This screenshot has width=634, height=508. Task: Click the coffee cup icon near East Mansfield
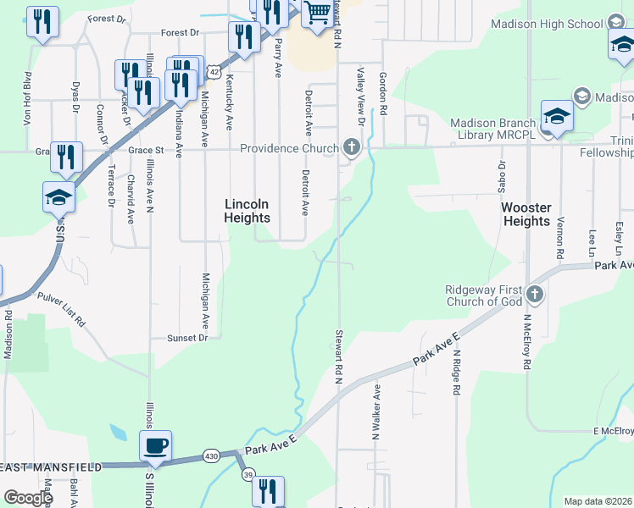pyautogui.click(x=155, y=444)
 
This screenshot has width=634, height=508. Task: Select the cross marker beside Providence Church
pyautogui.click(x=351, y=148)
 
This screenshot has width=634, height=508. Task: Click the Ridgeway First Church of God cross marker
pyautogui.click(x=534, y=295)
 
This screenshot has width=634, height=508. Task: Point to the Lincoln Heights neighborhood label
pyautogui.click(x=247, y=211)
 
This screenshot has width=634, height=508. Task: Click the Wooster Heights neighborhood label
pyautogui.click(x=526, y=214)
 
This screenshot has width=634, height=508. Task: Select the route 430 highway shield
pyautogui.click(x=211, y=456)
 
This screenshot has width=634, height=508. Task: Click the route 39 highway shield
pyautogui.click(x=248, y=476)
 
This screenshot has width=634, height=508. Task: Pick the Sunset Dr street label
pyautogui.click(x=186, y=337)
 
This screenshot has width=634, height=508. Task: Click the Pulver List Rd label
pyautogui.click(x=61, y=309)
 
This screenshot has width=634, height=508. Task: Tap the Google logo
pyautogui.click(x=28, y=498)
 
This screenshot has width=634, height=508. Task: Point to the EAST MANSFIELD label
pyautogui.click(x=53, y=467)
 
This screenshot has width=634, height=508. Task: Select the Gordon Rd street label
pyautogui.click(x=383, y=93)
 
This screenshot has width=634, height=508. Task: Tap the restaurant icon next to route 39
pyautogui.click(x=268, y=490)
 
